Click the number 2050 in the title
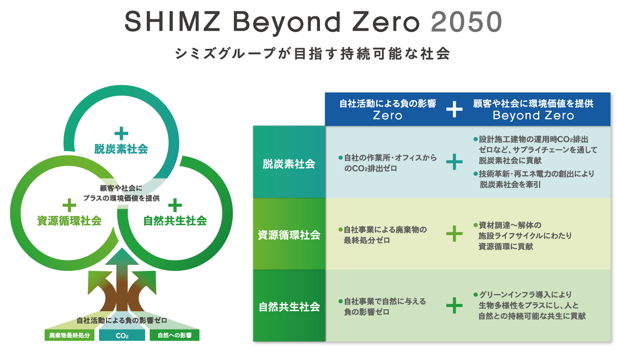(x=466, y=22)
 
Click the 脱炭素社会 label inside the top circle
(x=121, y=149)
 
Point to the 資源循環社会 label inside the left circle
(x=69, y=221)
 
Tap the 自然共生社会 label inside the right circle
(x=175, y=221)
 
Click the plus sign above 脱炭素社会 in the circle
(x=121, y=133)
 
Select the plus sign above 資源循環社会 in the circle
(x=69, y=205)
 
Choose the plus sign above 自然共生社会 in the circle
(x=175, y=205)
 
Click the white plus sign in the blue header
(x=454, y=110)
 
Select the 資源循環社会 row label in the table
(x=289, y=235)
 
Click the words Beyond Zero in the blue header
(x=533, y=116)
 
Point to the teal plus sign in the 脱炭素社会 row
(x=454, y=162)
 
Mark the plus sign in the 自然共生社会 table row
(x=454, y=305)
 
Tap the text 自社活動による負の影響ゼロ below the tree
(x=122, y=320)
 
